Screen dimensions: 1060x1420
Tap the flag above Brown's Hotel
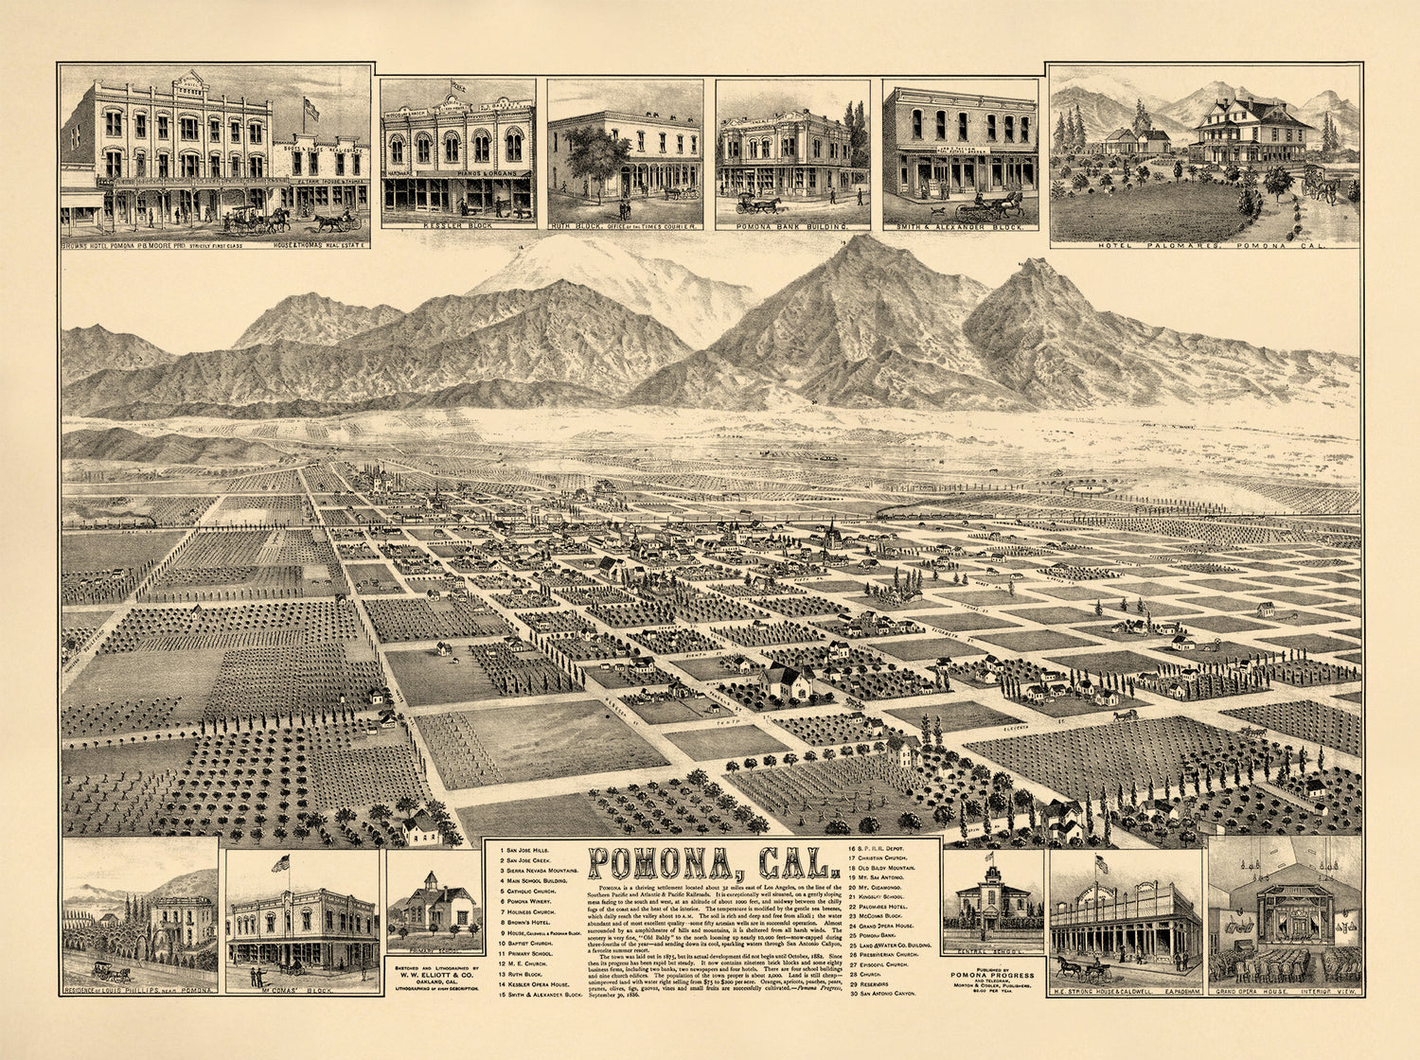[311, 108]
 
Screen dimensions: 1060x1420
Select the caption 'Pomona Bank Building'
[792, 228]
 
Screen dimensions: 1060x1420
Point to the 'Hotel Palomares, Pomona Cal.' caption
[1205, 245]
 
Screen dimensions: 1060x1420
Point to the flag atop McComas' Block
[279, 863]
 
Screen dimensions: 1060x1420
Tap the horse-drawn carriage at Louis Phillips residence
[111, 972]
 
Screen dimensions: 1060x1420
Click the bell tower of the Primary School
[431, 881]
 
